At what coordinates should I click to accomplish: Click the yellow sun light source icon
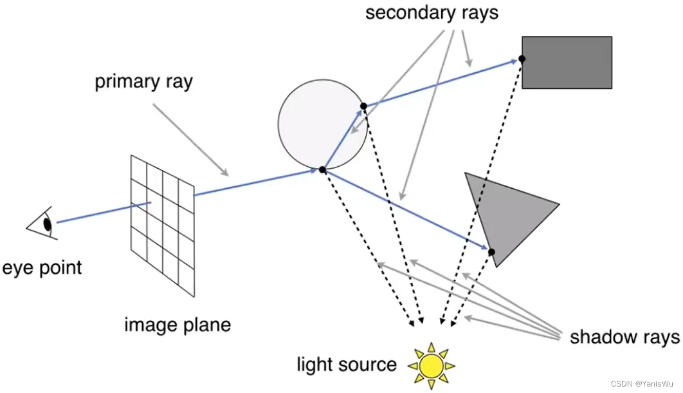[x=431, y=365]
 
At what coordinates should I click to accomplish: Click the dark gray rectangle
[x=567, y=62]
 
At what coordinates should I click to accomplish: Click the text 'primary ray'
[x=143, y=82]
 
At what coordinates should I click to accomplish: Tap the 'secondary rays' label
[x=432, y=12]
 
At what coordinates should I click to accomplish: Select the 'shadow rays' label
[x=624, y=337]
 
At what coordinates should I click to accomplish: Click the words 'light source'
[x=347, y=365]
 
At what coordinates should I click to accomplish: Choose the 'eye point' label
[x=42, y=267]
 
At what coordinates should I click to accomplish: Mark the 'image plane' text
[x=178, y=323]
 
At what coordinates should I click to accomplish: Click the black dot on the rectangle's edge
[x=522, y=59]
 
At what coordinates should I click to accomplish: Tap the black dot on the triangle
[x=491, y=252]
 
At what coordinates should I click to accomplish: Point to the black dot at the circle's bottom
[x=323, y=170]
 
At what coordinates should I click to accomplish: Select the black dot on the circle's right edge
[x=363, y=106]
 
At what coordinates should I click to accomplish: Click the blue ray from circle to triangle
[x=405, y=210]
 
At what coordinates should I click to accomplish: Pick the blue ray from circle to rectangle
[x=444, y=82]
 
